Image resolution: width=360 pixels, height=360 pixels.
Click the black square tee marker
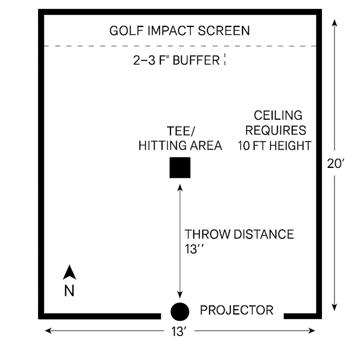(x=180, y=168)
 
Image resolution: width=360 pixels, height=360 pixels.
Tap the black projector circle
(x=180, y=311)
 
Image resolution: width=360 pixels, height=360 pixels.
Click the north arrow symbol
(x=69, y=272)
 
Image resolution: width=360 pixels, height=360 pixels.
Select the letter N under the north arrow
(x=69, y=291)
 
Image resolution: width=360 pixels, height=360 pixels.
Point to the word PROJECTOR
(x=237, y=310)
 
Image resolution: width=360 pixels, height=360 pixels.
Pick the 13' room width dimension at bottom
(x=179, y=331)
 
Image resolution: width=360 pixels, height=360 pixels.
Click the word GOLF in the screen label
(x=127, y=31)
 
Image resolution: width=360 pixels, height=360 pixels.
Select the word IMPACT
(x=171, y=31)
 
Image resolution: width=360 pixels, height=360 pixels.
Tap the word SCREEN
(x=224, y=31)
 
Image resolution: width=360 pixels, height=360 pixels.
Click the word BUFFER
(x=196, y=60)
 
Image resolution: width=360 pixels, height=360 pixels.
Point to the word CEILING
(x=278, y=115)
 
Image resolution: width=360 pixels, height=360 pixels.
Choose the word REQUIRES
(x=276, y=130)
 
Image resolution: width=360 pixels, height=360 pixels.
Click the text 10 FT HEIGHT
(x=275, y=146)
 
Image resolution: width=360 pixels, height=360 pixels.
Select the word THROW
(x=208, y=234)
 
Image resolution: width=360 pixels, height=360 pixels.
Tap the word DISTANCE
(x=264, y=234)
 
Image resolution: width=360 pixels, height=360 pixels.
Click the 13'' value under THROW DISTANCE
(x=194, y=249)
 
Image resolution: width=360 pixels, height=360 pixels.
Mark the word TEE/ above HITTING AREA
(x=181, y=131)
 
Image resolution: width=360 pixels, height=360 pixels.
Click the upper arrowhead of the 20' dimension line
(x=335, y=23)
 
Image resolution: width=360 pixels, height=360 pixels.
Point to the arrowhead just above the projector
(x=180, y=294)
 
